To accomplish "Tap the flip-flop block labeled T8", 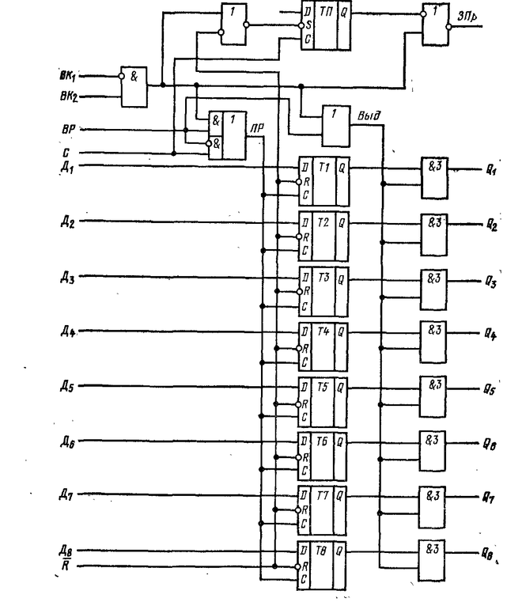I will click(x=323, y=562).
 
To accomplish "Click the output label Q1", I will click(x=491, y=168).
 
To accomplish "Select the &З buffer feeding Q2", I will click(x=433, y=235).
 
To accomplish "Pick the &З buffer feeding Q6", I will click(x=433, y=453).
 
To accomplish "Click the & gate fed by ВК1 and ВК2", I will click(x=132, y=86).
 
